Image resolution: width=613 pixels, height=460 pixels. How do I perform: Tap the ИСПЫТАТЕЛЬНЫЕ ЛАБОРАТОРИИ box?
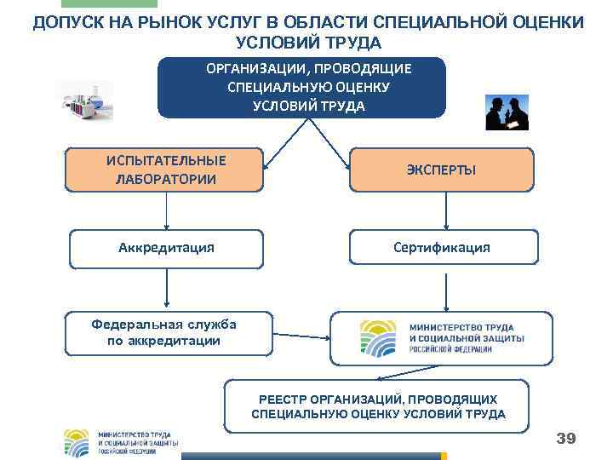click(166, 170)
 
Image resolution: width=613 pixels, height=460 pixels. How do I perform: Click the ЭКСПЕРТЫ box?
click(441, 170)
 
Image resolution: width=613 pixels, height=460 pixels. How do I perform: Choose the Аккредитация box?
click(166, 248)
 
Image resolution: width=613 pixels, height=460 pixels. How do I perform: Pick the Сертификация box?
click(441, 248)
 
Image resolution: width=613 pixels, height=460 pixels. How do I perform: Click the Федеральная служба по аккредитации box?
click(167, 333)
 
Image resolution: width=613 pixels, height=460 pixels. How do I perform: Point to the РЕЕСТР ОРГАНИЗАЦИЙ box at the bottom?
click(377, 406)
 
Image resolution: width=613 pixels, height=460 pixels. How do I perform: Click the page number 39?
click(565, 439)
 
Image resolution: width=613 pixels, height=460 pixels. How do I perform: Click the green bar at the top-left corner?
click(126, 4)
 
